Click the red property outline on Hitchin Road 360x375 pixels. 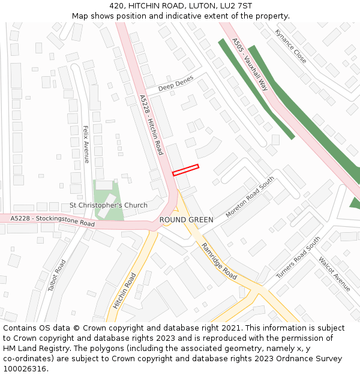[185, 170]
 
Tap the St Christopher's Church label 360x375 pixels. [108, 205]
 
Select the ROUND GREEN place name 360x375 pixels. [186, 220]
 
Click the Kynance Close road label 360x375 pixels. [290, 46]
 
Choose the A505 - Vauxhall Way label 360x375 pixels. [250, 64]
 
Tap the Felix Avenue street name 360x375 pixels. [86, 144]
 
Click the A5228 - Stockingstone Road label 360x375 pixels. [53, 220]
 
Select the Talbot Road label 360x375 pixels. [56, 275]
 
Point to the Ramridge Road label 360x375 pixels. [219, 260]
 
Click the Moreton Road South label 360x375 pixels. [250, 197]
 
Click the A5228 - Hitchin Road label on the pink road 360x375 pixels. [151, 125]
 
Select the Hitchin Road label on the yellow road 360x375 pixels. [125, 290]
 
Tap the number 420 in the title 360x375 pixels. [117, 5]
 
